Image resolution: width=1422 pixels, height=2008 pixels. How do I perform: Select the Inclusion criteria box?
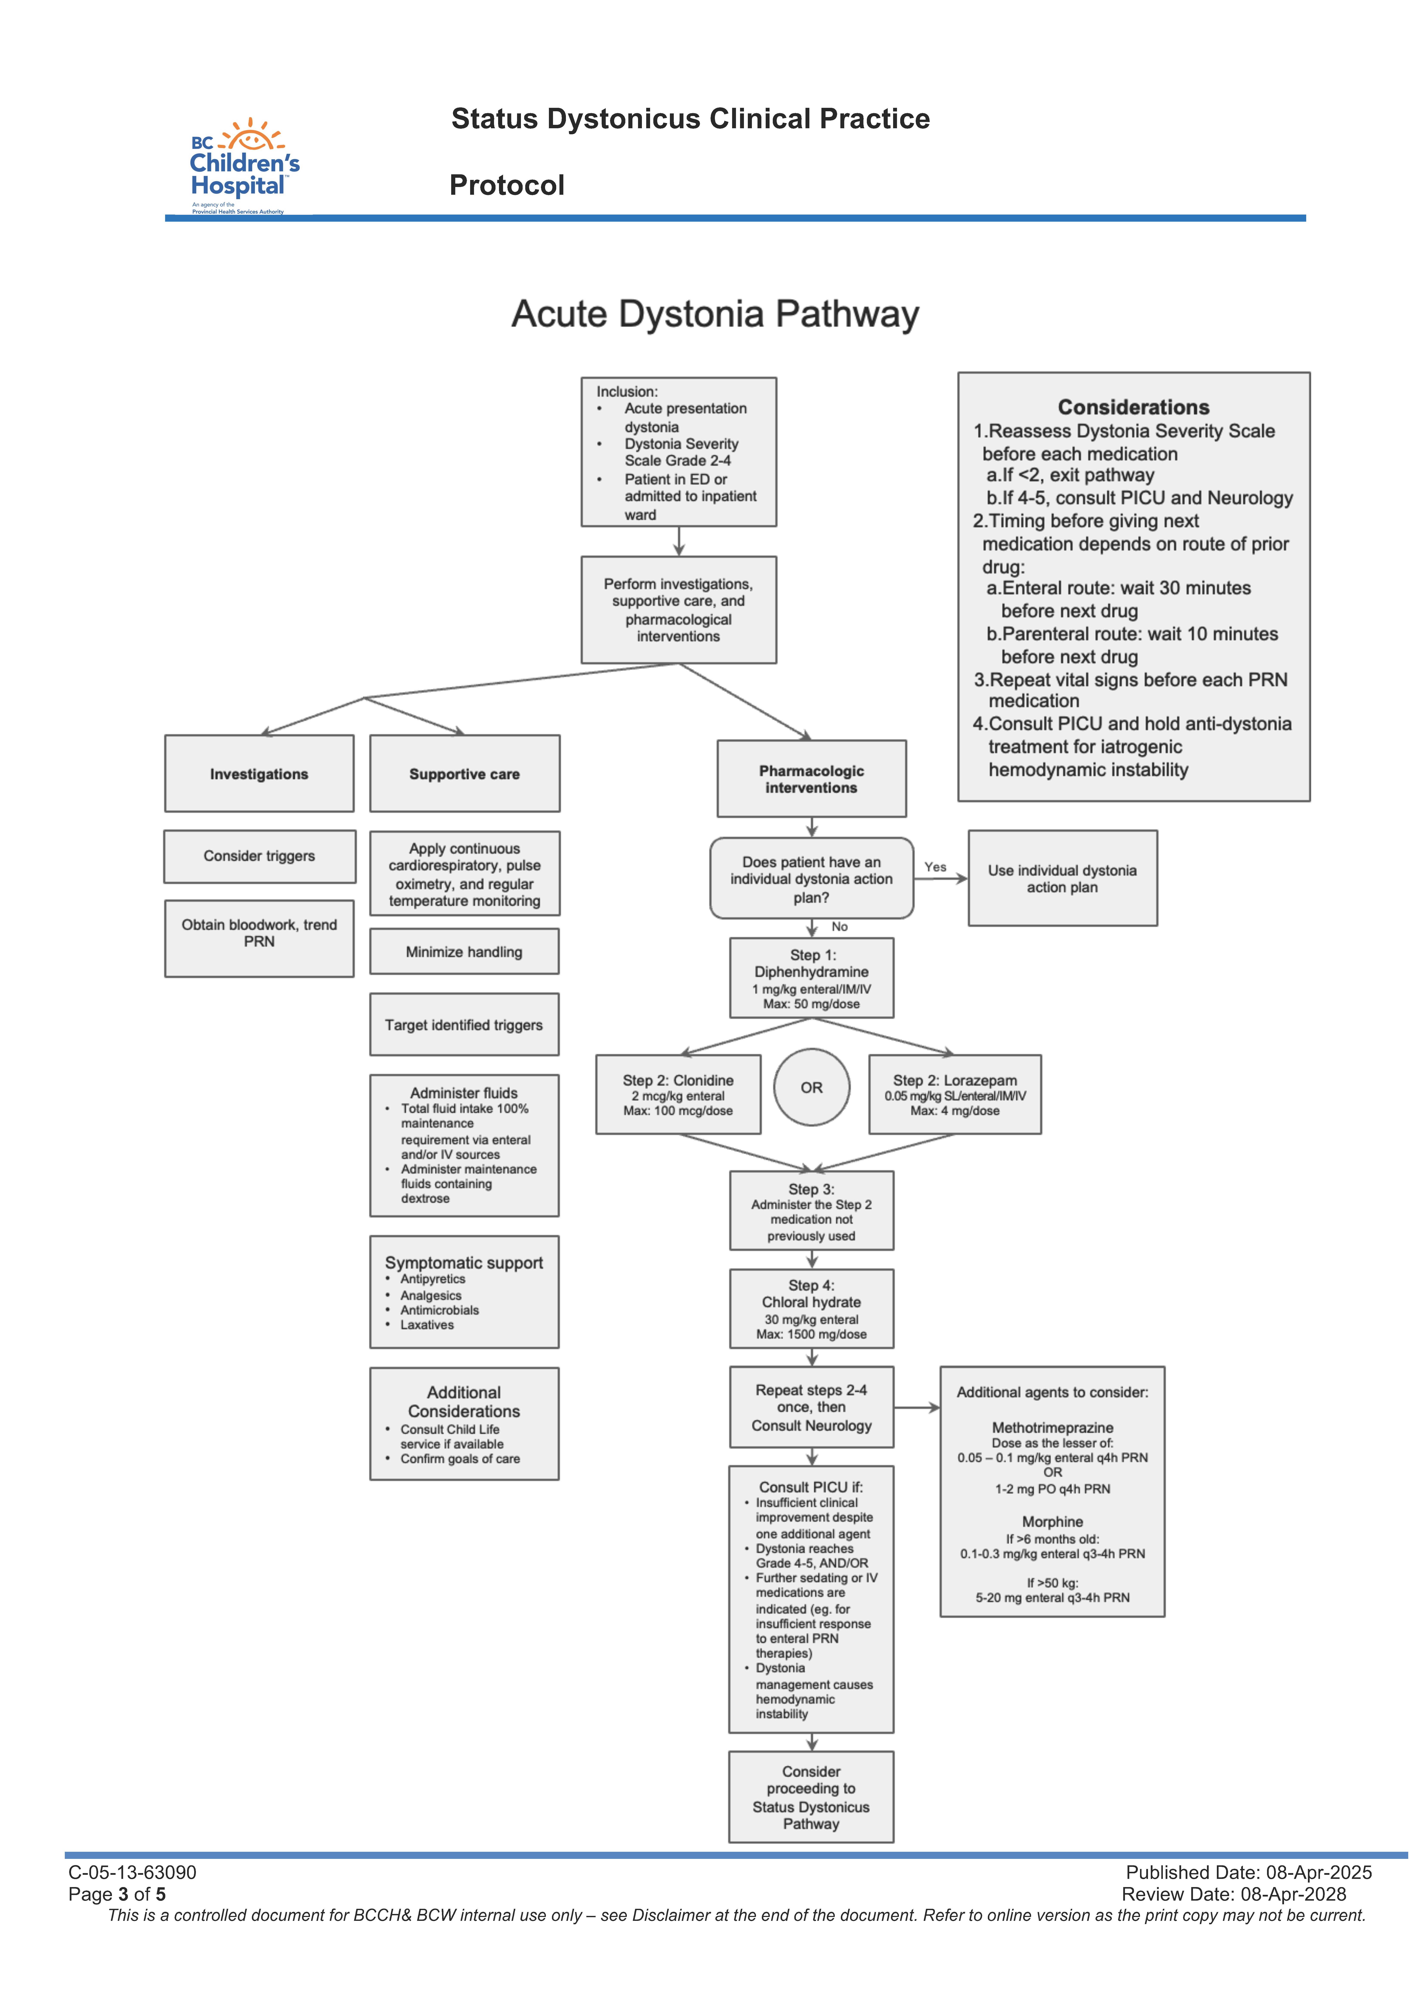[x=678, y=452]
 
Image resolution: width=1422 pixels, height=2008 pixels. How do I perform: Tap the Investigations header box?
[x=259, y=774]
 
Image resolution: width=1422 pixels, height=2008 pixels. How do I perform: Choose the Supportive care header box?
[x=464, y=774]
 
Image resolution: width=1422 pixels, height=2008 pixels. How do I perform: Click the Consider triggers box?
[x=259, y=856]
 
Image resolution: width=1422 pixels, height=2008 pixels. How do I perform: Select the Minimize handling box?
[x=464, y=951]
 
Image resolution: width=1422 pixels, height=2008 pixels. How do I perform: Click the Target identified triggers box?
[x=464, y=1025]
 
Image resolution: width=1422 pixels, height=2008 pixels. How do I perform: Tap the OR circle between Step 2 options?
[x=812, y=1087]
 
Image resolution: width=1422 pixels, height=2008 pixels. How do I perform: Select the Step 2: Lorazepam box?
[x=954, y=1094]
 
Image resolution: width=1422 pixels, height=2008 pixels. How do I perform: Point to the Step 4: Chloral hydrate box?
[x=812, y=1309]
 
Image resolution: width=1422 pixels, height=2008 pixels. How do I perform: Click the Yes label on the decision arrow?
[x=935, y=867]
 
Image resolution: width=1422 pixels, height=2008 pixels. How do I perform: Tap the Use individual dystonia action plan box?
[x=1062, y=878]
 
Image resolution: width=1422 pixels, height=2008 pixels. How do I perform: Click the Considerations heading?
[x=1133, y=407]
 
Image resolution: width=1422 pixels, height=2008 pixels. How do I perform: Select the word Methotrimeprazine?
[x=1052, y=1428]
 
